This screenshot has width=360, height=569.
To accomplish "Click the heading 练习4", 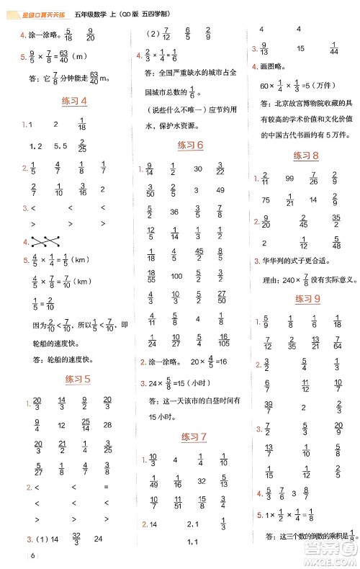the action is (x=75, y=102).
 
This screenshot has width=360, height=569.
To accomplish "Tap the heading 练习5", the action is (x=77, y=378).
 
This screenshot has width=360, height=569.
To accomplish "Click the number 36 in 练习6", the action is (x=174, y=212).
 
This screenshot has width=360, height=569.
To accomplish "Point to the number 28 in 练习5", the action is (x=107, y=425).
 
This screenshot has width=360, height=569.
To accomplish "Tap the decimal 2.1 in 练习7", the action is (x=192, y=524).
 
